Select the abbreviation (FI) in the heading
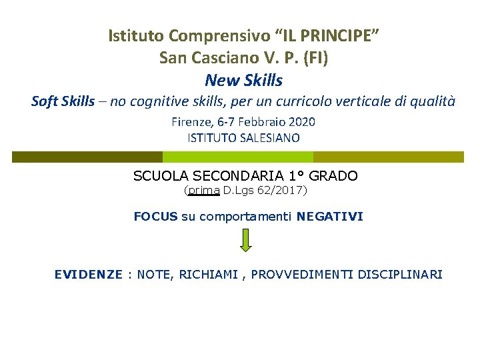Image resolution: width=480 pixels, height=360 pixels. point(315,58)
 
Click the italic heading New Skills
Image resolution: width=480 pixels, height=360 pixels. point(244,81)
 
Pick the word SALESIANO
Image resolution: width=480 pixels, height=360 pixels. point(271,138)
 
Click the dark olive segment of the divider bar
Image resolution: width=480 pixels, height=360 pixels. point(87,157)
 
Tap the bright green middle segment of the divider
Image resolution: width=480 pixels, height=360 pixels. point(238,157)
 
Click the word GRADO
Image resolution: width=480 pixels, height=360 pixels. point(333,176)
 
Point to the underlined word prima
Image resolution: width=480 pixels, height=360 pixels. point(203,191)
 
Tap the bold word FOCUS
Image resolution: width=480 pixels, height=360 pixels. point(155,216)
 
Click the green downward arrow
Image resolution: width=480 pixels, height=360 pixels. point(246,240)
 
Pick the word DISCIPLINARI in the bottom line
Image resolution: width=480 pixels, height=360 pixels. point(400,274)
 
